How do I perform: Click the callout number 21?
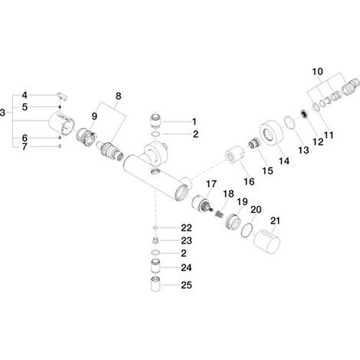pos(275,221)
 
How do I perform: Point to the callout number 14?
pos(284,161)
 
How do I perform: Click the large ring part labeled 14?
pos(270,133)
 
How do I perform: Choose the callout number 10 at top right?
pos(317,71)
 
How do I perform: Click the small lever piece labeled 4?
pos(62,97)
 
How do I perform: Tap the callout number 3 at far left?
pos(2,113)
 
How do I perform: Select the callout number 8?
pos(118,97)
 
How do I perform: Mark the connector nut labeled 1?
pos(155,121)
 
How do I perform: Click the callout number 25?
pos(186,285)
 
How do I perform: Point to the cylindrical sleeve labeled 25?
pos(155,284)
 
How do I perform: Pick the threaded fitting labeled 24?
pos(155,267)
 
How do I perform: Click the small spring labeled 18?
pos(219,212)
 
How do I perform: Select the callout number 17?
pos(211,184)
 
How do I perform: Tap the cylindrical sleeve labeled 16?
pos(235,154)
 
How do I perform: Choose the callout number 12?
pos(318,142)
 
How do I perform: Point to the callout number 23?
pos(186,241)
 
